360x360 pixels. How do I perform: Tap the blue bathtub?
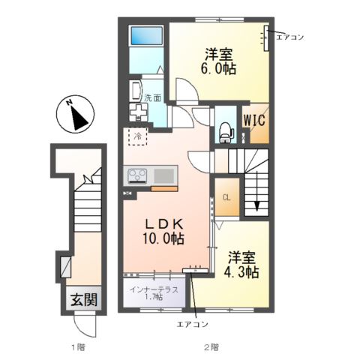146,35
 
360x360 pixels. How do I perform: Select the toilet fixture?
226,132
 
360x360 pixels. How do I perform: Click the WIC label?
254,120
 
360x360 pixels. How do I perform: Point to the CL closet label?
226,198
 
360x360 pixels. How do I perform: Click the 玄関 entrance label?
84,299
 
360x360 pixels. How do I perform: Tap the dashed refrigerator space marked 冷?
137,136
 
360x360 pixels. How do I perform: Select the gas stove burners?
137,176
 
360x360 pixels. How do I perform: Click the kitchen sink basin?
164,176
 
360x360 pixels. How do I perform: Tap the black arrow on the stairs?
256,202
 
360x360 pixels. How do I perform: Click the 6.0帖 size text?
218,68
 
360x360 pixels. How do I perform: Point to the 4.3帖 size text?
241,272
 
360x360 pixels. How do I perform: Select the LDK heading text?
164,224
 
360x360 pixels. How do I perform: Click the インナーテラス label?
154,289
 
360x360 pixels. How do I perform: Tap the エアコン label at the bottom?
192,324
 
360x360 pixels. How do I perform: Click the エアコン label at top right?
290,37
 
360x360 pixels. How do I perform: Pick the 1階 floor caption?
78,347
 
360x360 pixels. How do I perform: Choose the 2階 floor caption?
212,347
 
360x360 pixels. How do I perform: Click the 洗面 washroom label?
152,97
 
